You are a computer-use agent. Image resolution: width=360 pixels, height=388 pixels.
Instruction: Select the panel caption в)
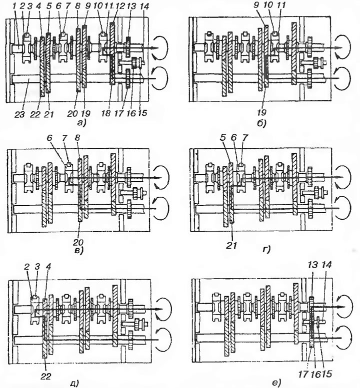point(79,251)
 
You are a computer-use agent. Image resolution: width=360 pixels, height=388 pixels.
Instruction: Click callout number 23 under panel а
point(19,114)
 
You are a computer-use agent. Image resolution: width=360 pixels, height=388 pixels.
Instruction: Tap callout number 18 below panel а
point(106,113)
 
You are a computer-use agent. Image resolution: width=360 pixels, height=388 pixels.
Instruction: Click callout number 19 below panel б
point(261,112)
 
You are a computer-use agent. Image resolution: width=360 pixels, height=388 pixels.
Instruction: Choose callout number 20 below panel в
point(79,242)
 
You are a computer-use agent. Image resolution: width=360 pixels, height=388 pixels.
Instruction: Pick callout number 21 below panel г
point(231,245)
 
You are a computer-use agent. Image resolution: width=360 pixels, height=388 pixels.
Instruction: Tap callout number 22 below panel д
point(46,376)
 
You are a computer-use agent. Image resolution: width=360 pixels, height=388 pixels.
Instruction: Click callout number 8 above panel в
point(78,138)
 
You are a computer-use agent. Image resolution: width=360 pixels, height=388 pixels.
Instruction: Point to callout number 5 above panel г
point(223,138)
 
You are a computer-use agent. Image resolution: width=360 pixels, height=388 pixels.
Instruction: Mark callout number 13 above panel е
point(312,265)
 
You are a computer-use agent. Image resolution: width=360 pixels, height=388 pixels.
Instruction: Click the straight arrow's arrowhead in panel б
point(339,48)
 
